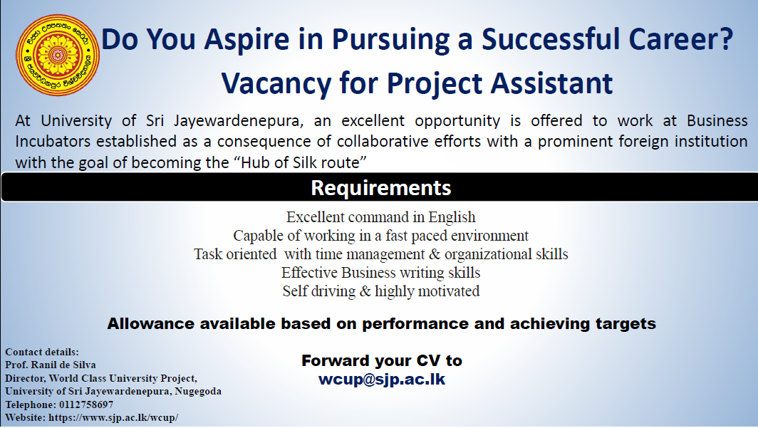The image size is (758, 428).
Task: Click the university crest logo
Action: [58, 55]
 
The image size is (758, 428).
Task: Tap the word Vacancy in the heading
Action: [276, 83]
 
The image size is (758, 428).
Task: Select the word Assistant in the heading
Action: [552, 83]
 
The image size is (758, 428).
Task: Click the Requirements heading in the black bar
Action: [380, 188]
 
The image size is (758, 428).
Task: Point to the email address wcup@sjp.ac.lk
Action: [381, 379]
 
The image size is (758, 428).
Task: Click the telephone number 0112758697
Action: [86, 404]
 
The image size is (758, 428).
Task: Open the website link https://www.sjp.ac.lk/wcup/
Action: [113, 417]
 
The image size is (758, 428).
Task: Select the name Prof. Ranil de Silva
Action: [51, 365]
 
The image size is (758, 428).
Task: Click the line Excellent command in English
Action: [380, 217]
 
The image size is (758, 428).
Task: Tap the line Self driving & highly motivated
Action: [381, 291]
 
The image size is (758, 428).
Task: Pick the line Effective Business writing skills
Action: [380, 273]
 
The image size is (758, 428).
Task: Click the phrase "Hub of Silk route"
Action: [300, 162]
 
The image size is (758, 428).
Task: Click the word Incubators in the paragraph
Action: [53, 142]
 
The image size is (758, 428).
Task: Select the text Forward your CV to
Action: [381, 360]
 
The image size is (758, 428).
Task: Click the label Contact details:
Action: [41, 352]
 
